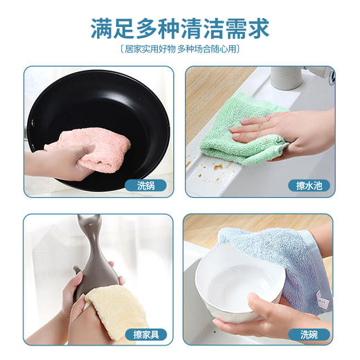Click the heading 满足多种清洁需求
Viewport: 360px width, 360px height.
click(x=180, y=28)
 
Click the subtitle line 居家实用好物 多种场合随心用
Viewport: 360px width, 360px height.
click(x=180, y=50)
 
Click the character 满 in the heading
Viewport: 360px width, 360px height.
click(x=102, y=28)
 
